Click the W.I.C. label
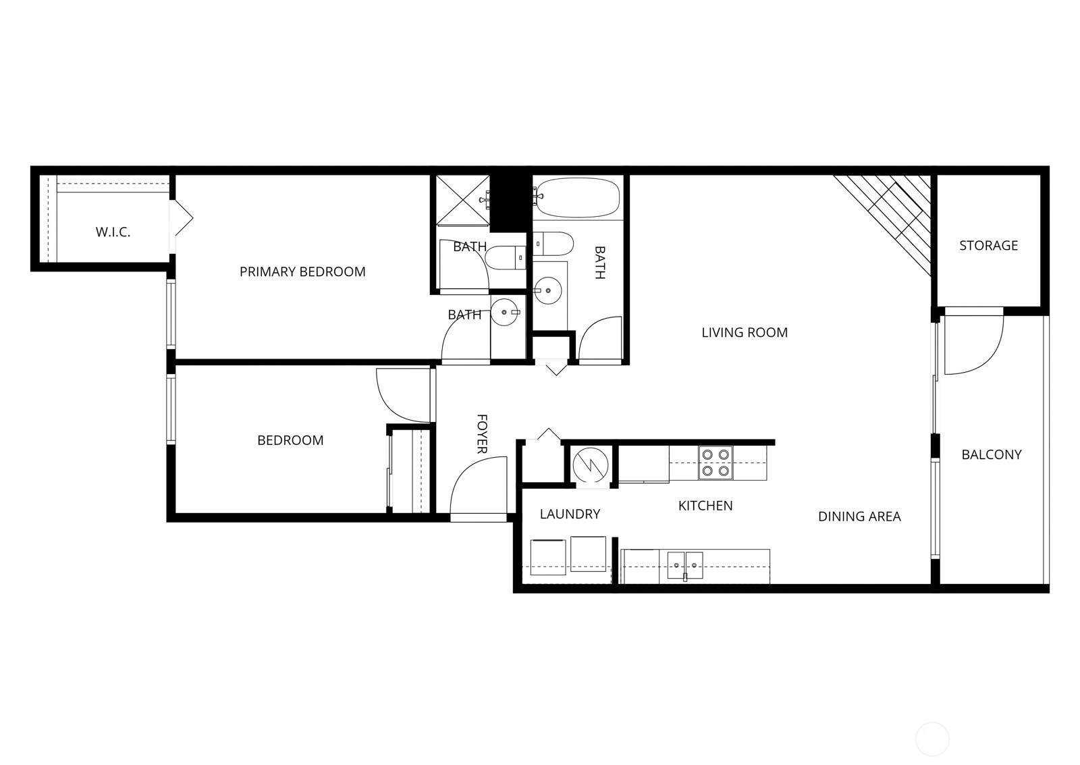pos(113,232)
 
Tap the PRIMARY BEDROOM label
pos(302,271)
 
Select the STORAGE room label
pos(988,246)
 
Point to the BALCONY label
pos(992,454)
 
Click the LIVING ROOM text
pos(745,332)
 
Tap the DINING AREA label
pos(859,517)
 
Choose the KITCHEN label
pos(705,506)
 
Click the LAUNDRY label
pos(570,515)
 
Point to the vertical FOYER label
pos(482,433)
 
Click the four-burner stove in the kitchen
pos(715,463)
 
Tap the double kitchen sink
pos(684,565)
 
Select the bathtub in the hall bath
pos(578,199)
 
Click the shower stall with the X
pos(463,200)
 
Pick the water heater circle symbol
pos(591,465)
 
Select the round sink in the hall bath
pos(548,290)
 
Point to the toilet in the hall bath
pos(553,244)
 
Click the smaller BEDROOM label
pos(290,440)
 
